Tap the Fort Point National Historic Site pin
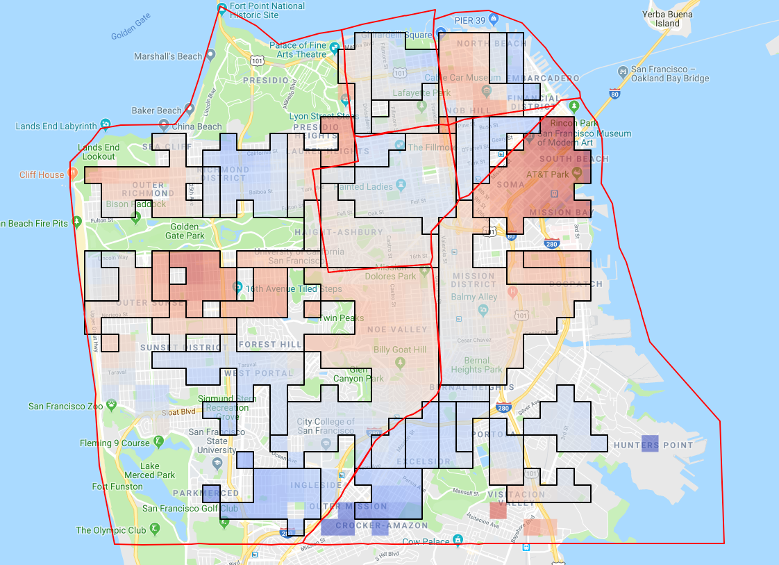click(221, 9)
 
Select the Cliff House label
click(42, 174)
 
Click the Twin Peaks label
click(337, 318)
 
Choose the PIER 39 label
click(469, 21)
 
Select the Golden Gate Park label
click(185, 231)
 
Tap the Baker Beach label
click(156, 110)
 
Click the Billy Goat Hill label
click(400, 350)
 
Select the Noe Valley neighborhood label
click(397, 329)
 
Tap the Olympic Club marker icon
click(154, 529)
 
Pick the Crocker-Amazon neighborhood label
click(371, 526)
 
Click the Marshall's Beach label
click(168, 56)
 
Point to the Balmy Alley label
click(474, 297)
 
